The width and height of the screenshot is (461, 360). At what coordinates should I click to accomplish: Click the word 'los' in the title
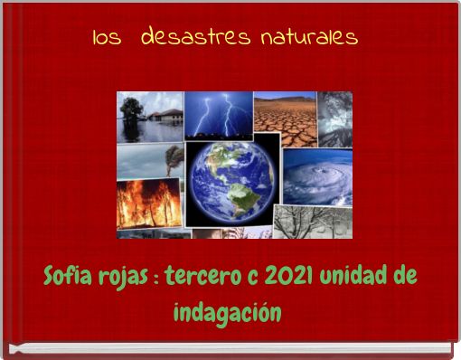[107, 39]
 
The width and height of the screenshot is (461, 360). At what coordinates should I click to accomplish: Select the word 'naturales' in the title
[308, 38]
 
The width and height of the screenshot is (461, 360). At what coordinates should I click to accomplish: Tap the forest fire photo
[148, 204]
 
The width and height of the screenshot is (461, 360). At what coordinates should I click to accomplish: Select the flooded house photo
[149, 117]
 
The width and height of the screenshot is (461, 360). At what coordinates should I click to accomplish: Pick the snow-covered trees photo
[312, 221]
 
